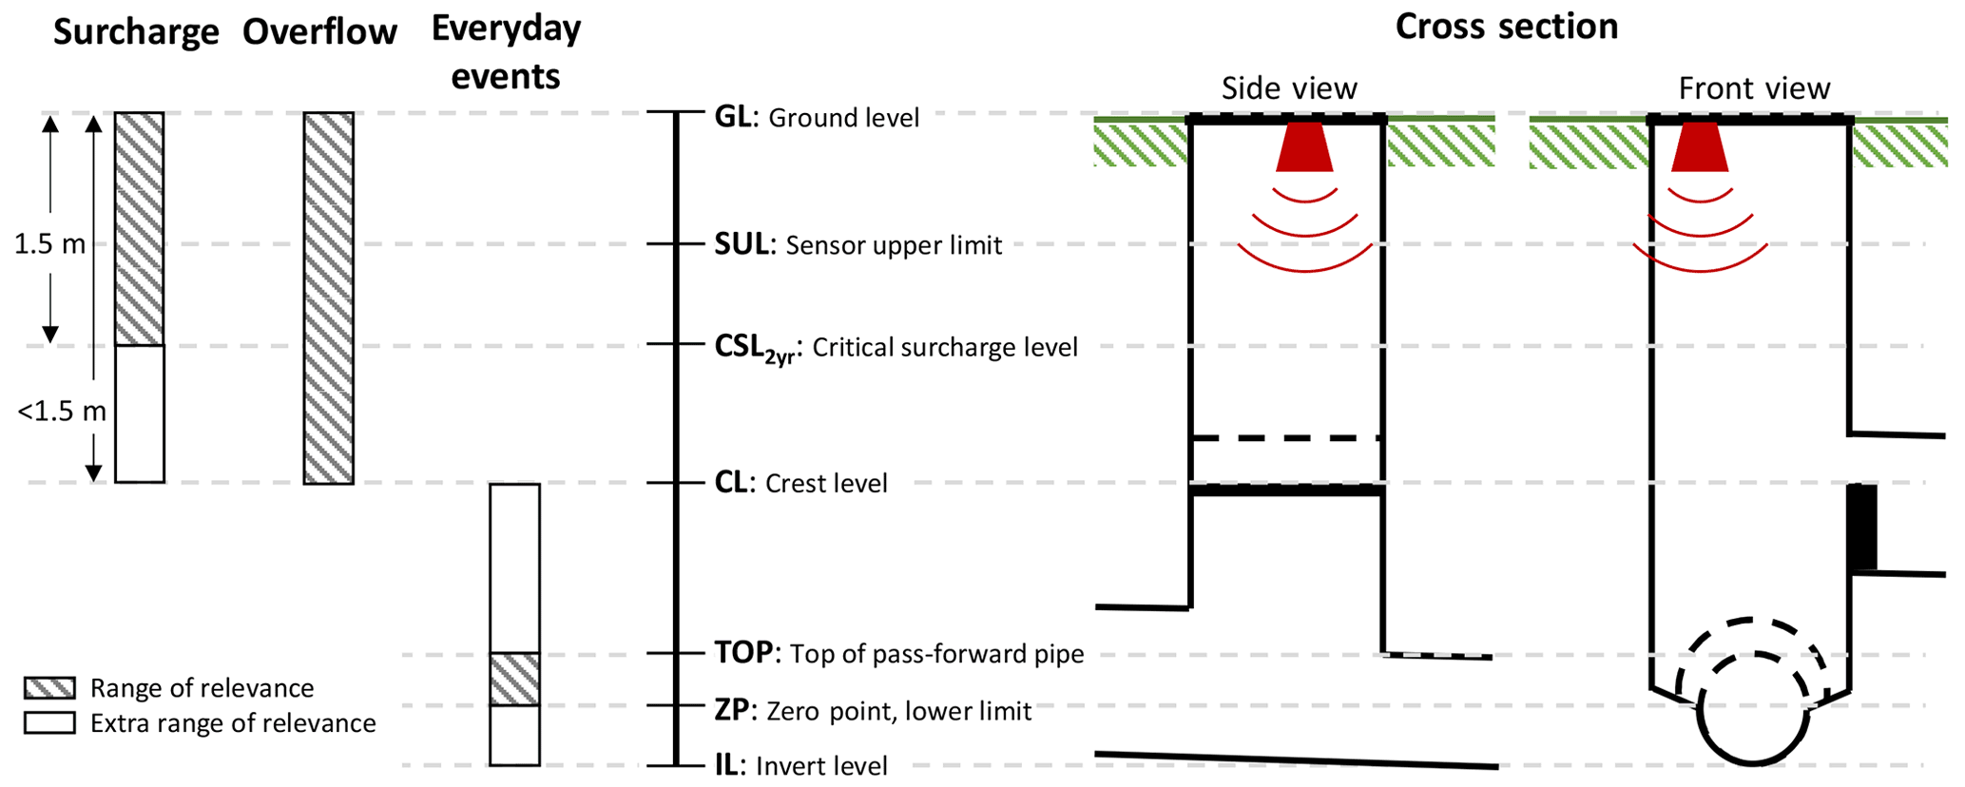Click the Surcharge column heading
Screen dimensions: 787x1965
point(136,32)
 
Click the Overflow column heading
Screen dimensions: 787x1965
point(319,32)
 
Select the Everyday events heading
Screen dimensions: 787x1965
point(506,52)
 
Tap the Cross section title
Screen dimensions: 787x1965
point(1506,27)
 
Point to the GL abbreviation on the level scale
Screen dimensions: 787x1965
point(733,117)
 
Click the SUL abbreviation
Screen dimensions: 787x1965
point(742,244)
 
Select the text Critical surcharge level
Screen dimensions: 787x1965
point(945,347)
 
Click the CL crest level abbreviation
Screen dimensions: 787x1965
point(731,483)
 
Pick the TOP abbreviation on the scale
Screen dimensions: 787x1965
point(743,653)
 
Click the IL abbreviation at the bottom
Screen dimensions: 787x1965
point(726,765)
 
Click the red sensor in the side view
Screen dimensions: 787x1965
point(1304,147)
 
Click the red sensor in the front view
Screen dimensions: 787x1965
point(1700,147)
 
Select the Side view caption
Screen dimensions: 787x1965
point(1289,88)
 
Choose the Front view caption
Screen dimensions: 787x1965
point(1754,88)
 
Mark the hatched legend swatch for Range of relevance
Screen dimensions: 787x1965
point(49,688)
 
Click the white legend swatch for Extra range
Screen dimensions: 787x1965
point(49,723)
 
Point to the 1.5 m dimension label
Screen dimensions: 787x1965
point(49,244)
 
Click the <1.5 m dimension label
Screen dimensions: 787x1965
point(62,412)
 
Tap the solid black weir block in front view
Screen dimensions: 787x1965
point(1862,528)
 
